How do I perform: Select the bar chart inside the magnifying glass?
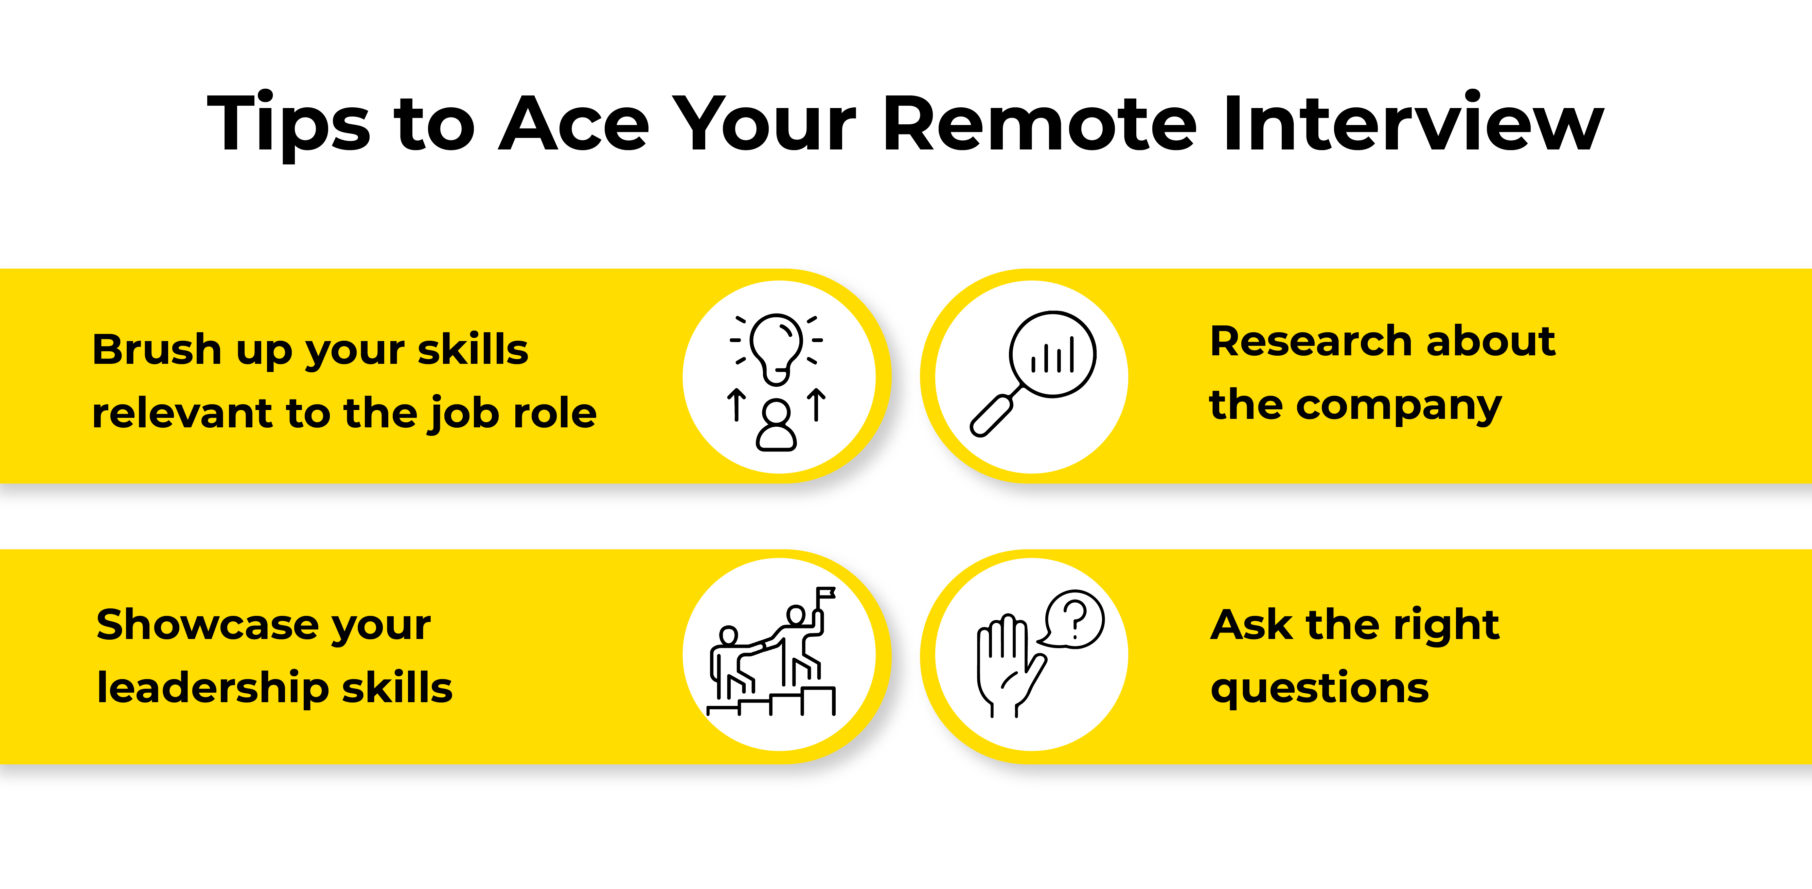tap(1053, 355)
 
